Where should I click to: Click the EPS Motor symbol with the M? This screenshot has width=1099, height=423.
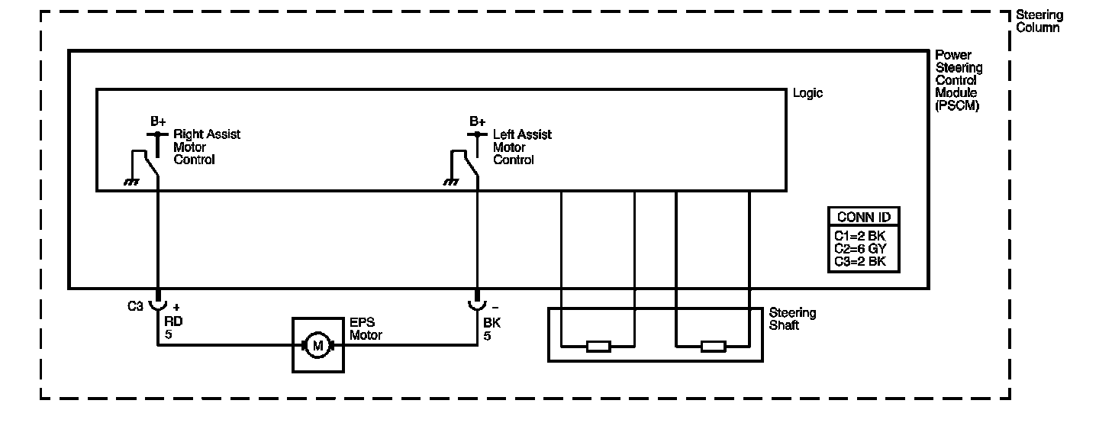(x=318, y=345)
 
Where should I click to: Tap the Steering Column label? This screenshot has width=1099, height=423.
(x=1039, y=21)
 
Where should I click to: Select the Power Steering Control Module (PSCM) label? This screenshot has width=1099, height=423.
(x=959, y=81)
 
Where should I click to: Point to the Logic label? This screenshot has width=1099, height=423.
(x=808, y=93)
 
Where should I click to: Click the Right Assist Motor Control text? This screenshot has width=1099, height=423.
(x=206, y=147)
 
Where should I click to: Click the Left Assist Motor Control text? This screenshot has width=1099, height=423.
(x=522, y=147)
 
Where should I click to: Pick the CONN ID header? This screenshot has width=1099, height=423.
(x=863, y=217)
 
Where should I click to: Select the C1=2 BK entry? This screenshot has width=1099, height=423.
(x=862, y=236)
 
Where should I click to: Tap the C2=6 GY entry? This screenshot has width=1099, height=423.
(x=862, y=249)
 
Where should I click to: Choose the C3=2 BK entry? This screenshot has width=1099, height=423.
(x=862, y=262)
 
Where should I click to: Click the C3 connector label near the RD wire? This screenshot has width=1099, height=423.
(x=135, y=306)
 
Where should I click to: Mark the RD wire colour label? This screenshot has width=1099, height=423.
(x=173, y=321)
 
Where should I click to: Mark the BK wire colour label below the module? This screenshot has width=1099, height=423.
(x=491, y=321)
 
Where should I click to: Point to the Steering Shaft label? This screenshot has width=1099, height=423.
(x=792, y=319)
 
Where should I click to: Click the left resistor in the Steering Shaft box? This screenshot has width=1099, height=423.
(x=598, y=347)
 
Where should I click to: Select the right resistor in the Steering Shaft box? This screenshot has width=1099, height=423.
(x=713, y=347)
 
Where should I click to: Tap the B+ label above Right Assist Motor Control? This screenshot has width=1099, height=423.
(x=158, y=121)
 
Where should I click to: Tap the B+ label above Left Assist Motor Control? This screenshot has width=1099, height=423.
(x=478, y=121)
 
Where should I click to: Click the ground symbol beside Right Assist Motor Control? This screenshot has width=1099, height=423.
(x=131, y=182)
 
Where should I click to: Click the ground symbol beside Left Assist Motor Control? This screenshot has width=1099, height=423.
(x=451, y=182)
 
